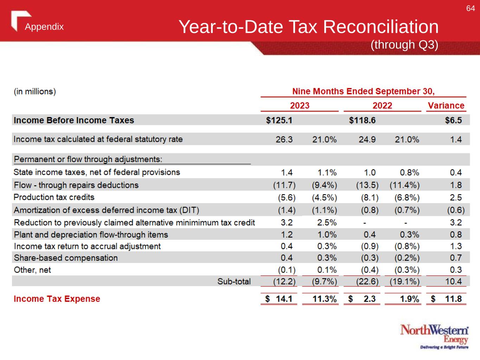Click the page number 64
[x=471, y=8]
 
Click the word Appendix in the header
[x=44, y=27]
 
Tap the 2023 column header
[x=300, y=105]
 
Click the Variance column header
[x=446, y=105]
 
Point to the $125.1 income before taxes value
[x=279, y=120]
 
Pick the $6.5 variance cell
[x=453, y=120]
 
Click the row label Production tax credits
[x=54, y=197]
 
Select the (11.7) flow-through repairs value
[x=284, y=185]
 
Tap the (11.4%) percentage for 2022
[x=404, y=185]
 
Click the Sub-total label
[x=234, y=281]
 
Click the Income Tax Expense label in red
[x=57, y=299]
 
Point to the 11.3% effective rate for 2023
[x=325, y=299]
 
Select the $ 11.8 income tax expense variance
[x=446, y=299]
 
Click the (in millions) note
[x=35, y=91]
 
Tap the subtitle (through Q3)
[x=404, y=45]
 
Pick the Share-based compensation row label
[x=66, y=258]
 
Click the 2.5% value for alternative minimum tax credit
[x=327, y=223]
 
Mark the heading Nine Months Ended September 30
[x=363, y=91]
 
